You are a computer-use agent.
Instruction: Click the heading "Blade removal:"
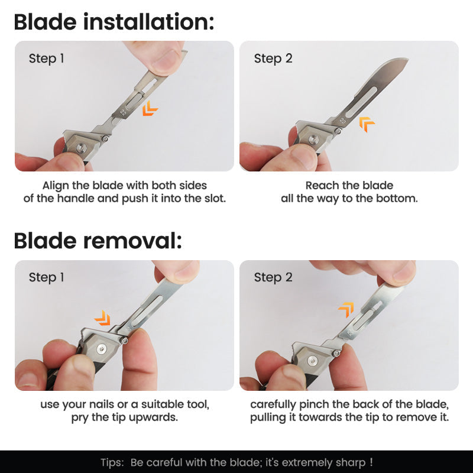[x=98, y=241]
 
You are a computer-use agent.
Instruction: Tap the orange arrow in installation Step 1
[x=150, y=108]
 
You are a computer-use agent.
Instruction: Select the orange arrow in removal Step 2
[x=346, y=309]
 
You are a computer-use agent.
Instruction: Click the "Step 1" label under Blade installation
[x=46, y=59]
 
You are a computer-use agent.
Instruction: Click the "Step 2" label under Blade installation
[x=273, y=59]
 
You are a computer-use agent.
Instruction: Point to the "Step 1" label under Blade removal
[x=46, y=277]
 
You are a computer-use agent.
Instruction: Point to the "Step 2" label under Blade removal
[x=273, y=277]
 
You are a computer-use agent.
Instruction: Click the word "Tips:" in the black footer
[x=112, y=462]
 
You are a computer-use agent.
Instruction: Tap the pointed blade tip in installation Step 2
[x=407, y=59]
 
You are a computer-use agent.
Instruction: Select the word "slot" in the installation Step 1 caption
[x=213, y=198]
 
